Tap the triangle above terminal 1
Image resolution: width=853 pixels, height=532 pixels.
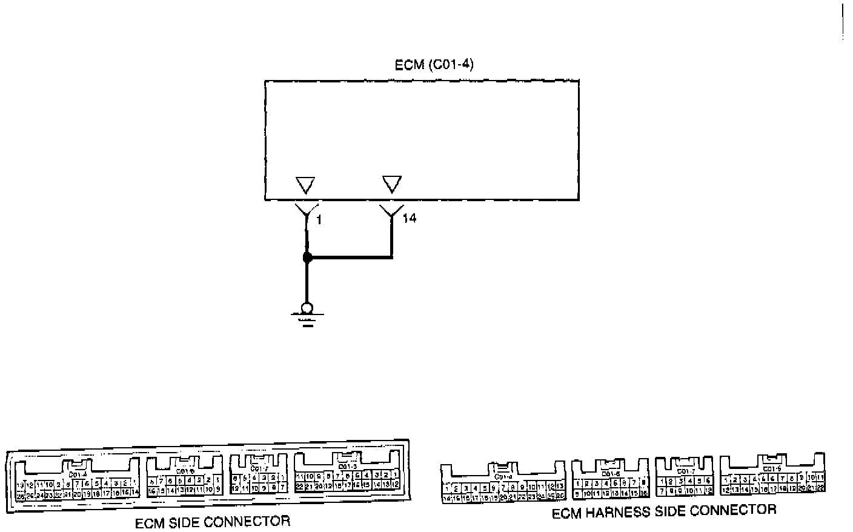305,185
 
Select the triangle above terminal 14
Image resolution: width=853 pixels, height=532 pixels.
392,184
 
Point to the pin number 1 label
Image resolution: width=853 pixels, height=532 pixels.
319,219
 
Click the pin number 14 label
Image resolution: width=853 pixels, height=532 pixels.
410,218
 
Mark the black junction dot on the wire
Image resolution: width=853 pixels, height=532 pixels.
307,258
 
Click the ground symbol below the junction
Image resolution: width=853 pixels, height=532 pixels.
308,313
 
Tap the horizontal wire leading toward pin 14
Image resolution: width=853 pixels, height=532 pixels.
351,258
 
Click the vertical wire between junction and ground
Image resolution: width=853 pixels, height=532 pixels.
307,282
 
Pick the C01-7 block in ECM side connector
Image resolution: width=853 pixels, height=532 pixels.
259,476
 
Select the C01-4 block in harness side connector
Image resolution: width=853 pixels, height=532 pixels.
503,482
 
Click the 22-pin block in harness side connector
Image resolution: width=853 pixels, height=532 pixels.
772,476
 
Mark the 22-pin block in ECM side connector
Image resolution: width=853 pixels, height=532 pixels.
347,474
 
